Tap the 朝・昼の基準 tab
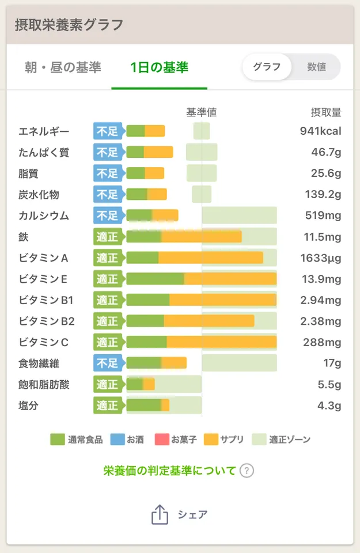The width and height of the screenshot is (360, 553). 63,67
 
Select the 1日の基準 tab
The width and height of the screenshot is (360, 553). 159,67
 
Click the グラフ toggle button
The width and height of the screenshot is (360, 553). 267,67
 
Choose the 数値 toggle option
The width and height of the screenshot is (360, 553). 316,67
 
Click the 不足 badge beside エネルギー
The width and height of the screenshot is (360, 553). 107,131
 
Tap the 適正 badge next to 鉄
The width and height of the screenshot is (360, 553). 107,237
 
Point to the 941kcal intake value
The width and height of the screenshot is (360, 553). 320,131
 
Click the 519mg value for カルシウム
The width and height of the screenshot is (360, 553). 323,216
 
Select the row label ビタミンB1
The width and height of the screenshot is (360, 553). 46,300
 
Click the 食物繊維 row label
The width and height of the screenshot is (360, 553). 39,363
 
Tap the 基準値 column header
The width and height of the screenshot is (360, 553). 202,112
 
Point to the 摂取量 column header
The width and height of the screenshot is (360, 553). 326,112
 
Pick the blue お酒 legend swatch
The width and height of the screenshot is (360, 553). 116,440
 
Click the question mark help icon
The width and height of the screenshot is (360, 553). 247,471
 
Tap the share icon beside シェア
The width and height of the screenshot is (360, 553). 160,514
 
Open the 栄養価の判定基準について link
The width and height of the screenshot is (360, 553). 170,471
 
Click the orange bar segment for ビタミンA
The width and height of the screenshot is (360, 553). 211,258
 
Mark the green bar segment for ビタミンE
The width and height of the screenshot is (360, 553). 155,279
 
